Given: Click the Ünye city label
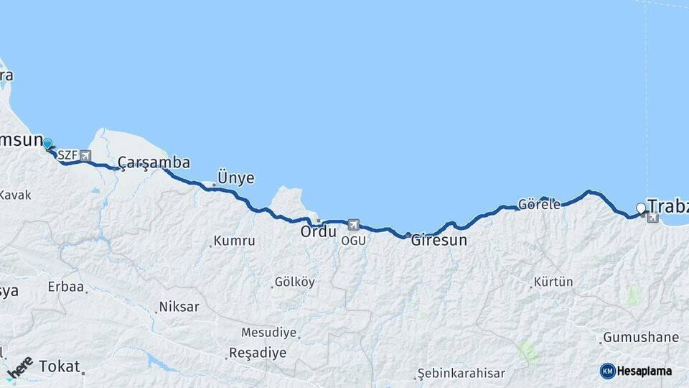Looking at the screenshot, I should tap(236, 178).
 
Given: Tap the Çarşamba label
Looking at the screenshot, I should tap(154, 162).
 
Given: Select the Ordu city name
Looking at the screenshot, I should tap(318, 232).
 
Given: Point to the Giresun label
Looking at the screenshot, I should tap(439, 241).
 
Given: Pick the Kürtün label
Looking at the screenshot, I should tap(553, 282).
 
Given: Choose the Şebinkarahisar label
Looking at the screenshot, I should tap(463, 374).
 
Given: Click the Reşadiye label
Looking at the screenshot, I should tap(257, 353).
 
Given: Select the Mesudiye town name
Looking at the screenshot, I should tap(268, 333).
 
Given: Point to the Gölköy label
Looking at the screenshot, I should tap(294, 282).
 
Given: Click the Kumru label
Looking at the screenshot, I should tap(234, 241).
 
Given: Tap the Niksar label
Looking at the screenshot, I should tap(179, 307).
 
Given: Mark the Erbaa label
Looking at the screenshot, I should tap(66, 287).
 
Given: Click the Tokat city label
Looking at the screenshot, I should tap(60, 366).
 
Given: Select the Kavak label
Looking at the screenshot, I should tap(16, 195).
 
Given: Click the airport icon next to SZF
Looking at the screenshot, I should tap(85, 155).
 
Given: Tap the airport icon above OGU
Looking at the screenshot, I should tap(353, 226).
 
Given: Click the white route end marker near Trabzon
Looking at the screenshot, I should tap(641, 208).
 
